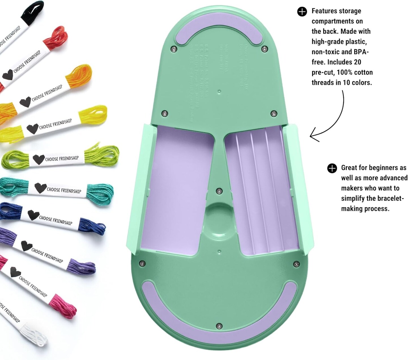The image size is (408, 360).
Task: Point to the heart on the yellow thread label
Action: (32, 129)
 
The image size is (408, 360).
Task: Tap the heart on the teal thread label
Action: (40, 188)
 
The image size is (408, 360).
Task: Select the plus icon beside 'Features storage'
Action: (302, 12)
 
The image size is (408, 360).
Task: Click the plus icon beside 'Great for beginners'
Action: (332, 168)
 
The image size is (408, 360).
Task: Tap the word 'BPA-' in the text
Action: (360, 52)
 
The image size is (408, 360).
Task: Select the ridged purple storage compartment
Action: (261, 190)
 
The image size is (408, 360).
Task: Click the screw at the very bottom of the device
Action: (218, 326)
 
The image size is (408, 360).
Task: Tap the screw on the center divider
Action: (219, 192)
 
